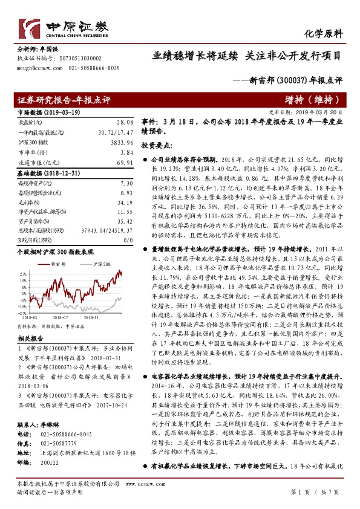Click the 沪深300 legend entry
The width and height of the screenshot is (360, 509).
86,248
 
